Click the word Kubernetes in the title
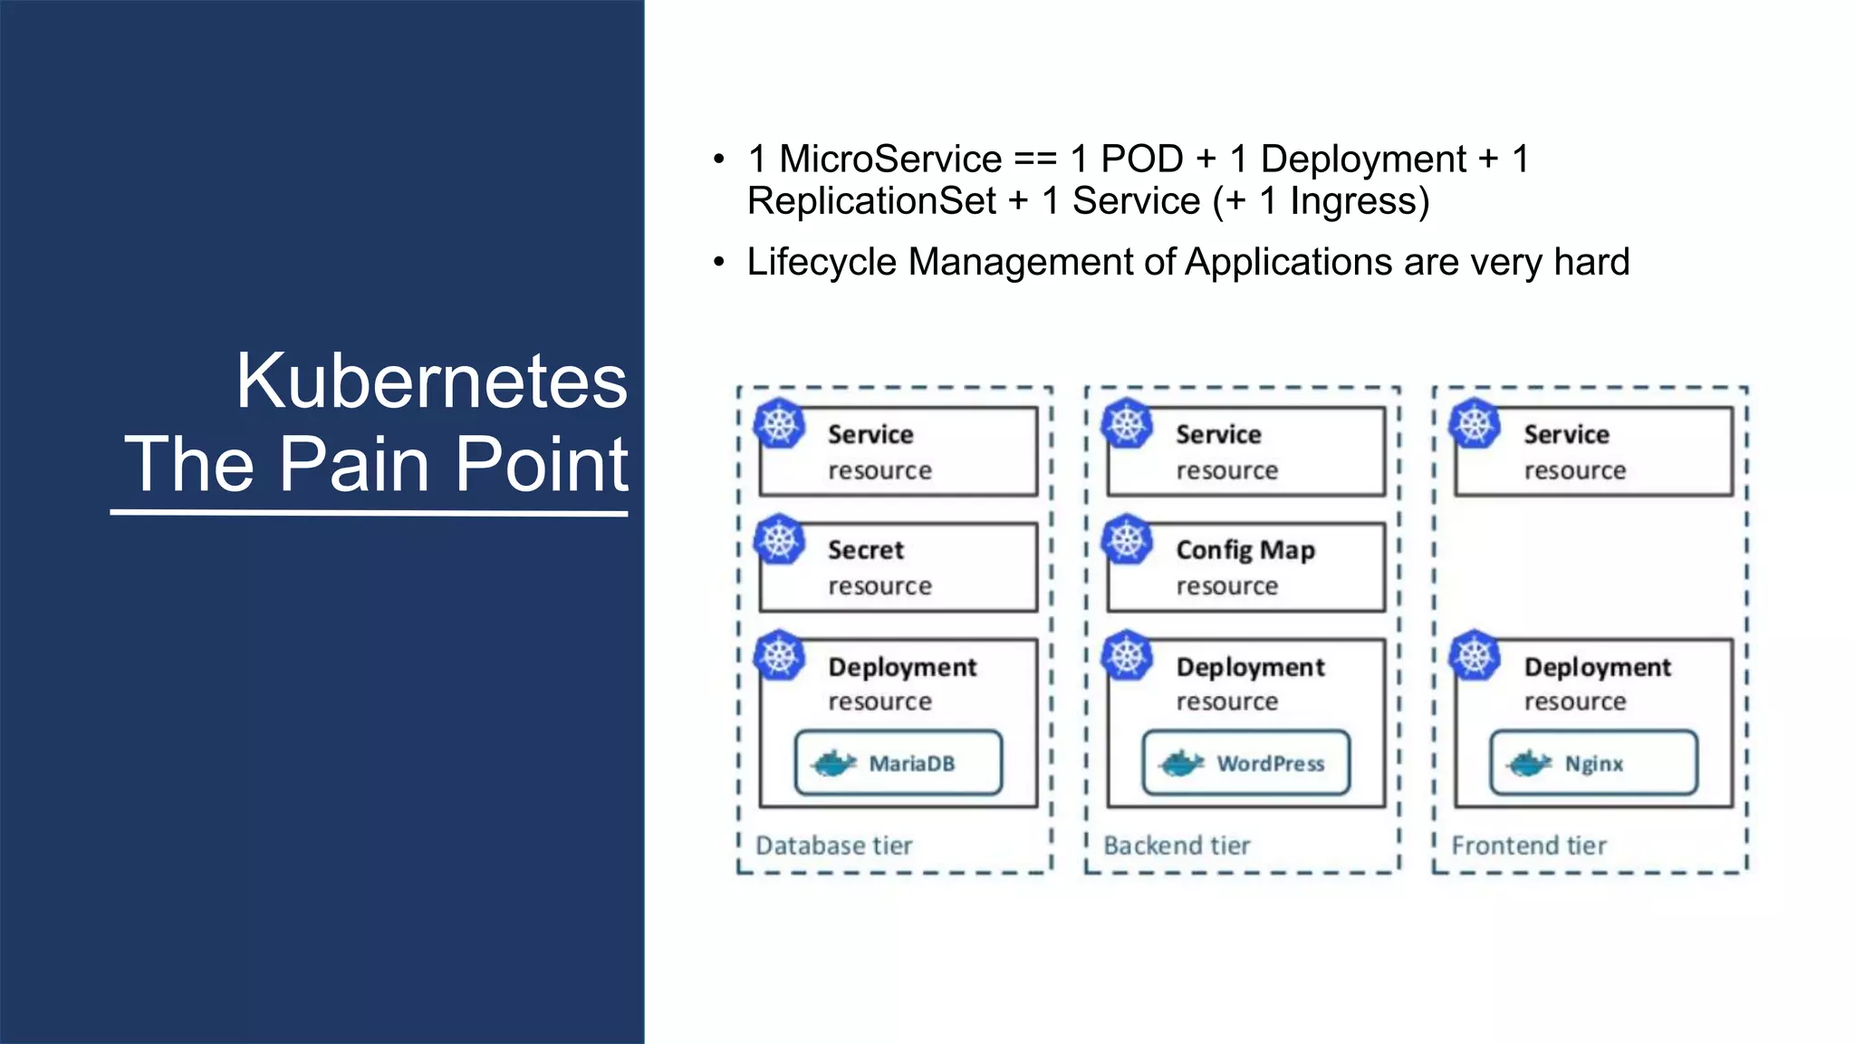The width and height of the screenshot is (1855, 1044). (x=431, y=382)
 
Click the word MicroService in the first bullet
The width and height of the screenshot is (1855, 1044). (x=889, y=159)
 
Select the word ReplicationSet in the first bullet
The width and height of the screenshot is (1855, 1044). (x=871, y=201)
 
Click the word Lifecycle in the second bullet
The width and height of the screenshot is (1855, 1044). (x=821, y=263)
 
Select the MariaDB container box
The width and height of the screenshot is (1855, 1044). (x=898, y=763)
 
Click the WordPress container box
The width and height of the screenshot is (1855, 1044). (x=1245, y=763)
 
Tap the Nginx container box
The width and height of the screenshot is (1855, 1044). (x=1593, y=763)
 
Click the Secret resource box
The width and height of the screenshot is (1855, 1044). (x=898, y=567)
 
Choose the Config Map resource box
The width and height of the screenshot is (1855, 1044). (x=1245, y=567)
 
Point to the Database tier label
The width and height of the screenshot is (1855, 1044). (x=833, y=846)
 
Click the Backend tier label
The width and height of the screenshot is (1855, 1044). (x=1177, y=846)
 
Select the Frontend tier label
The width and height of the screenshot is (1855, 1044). (x=1529, y=846)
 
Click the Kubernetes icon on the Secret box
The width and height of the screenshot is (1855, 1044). (x=780, y=540)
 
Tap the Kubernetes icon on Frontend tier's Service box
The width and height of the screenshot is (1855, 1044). (x=1475, y=424)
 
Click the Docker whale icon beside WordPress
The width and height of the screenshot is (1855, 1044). (x=1181, y=763)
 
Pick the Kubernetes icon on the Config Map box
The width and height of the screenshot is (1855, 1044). (x=1127, y=540)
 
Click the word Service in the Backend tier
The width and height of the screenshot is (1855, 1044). (x=1218, y=435)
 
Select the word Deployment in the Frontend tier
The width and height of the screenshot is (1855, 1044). (x=1597, y=668)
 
